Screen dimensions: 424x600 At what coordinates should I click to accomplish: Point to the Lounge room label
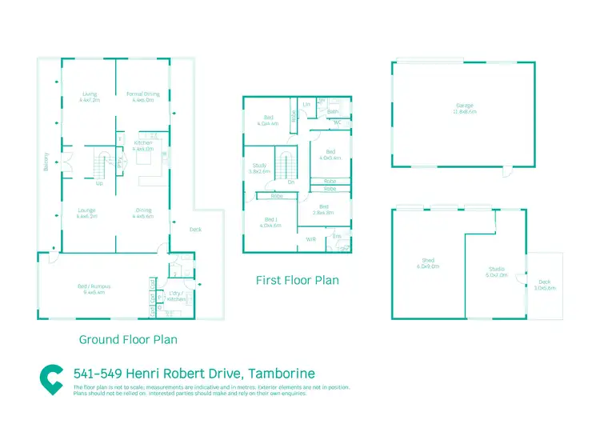tap(87, 213)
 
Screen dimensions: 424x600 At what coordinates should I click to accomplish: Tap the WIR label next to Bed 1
tap(311, 238)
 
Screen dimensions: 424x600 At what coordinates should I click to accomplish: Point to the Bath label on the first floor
tap(333, 112)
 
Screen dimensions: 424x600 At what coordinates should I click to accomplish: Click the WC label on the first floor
tap(337, 122)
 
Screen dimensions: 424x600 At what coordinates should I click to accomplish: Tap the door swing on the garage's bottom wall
tap(506, 172)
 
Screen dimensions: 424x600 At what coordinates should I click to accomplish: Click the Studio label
tap(498, 271)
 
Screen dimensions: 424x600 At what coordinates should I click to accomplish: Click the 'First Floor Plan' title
tap(297, 281)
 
